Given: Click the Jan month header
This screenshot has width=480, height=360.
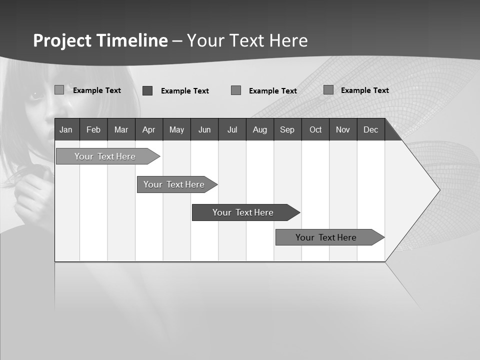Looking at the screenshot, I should tap(66, 129).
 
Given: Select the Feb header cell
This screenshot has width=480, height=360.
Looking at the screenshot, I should tap(93, 129).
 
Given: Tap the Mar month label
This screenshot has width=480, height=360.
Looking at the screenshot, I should tap(121, 129).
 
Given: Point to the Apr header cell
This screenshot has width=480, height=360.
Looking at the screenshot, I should tap(148, 129).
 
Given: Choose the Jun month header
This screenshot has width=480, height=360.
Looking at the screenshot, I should tap(204, 129).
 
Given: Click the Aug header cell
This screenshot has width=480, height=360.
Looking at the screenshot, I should tap(259, 129).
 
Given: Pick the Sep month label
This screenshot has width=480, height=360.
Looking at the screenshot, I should tap(287, 129).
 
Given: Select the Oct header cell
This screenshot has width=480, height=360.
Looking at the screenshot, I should tap(315, 129).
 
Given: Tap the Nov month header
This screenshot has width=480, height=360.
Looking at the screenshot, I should tap(343, 129).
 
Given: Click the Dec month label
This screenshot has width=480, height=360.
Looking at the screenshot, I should tap(370, 129).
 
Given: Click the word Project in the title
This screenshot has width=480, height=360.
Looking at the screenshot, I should tap(62, 40).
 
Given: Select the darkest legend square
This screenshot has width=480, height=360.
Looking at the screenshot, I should tap(147, 90).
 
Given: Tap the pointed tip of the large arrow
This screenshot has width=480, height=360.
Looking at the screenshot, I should tap(439, 189).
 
